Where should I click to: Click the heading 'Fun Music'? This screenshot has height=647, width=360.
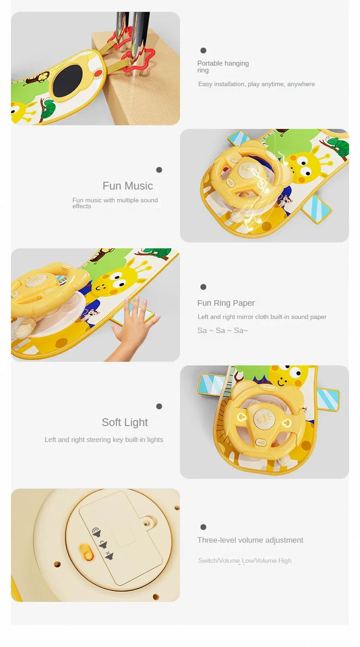[128, 186]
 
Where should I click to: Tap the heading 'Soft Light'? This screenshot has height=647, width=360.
[125, 422]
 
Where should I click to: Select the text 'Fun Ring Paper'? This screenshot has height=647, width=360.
[226, 303]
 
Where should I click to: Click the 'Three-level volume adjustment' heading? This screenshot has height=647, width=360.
[250, 540]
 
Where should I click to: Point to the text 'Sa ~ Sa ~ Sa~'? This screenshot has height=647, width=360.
[223, 330]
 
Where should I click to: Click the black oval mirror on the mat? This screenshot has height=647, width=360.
[69, 81]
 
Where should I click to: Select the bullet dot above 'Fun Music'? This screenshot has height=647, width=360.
[159, 170]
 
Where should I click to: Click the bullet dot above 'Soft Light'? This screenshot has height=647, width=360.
[159, 406]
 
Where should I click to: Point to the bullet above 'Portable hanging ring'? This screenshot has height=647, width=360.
[203, 51]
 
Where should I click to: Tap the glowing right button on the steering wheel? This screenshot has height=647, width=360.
[286, 423]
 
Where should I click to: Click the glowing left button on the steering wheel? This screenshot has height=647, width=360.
[242, 417]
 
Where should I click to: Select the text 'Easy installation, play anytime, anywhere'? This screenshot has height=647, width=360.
[257, 84]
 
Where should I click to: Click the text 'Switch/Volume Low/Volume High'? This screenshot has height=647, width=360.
[245, 560]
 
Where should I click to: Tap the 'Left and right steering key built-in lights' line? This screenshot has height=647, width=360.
[104, 440]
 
